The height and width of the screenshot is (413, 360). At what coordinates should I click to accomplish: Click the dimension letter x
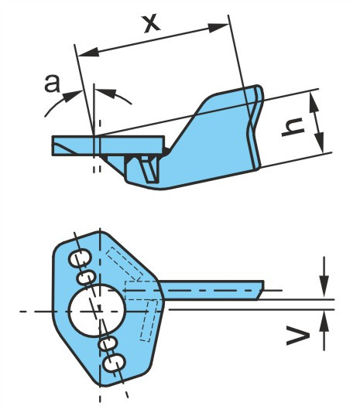click(152, 24)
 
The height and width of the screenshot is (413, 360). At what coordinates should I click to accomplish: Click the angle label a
click(53, 84)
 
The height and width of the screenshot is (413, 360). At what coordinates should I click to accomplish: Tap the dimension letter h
click(293, 126)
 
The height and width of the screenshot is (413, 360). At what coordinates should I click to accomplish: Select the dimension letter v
click(298, 336)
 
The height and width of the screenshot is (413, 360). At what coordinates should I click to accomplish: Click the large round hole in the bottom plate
click(96, 311)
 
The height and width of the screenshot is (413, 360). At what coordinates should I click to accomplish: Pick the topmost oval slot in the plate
click(80, 257)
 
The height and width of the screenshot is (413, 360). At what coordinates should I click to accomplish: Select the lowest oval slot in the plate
click(114, 363)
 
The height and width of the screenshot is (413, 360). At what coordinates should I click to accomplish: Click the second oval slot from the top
click(86, 278)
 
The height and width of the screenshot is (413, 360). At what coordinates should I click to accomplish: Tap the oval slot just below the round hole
click(108, 343)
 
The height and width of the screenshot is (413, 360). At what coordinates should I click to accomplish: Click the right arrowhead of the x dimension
click(218, 27)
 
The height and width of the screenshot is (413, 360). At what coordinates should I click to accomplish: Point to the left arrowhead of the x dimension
click(88, 52)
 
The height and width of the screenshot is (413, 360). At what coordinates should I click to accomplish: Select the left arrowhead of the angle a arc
click(72, 96)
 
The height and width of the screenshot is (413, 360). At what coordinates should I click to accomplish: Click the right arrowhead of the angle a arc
click(106, 93)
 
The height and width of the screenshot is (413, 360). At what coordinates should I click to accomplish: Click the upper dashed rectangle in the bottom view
click(124, 265)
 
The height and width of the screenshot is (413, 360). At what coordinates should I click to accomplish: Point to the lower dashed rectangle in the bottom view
click(149, 320)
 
